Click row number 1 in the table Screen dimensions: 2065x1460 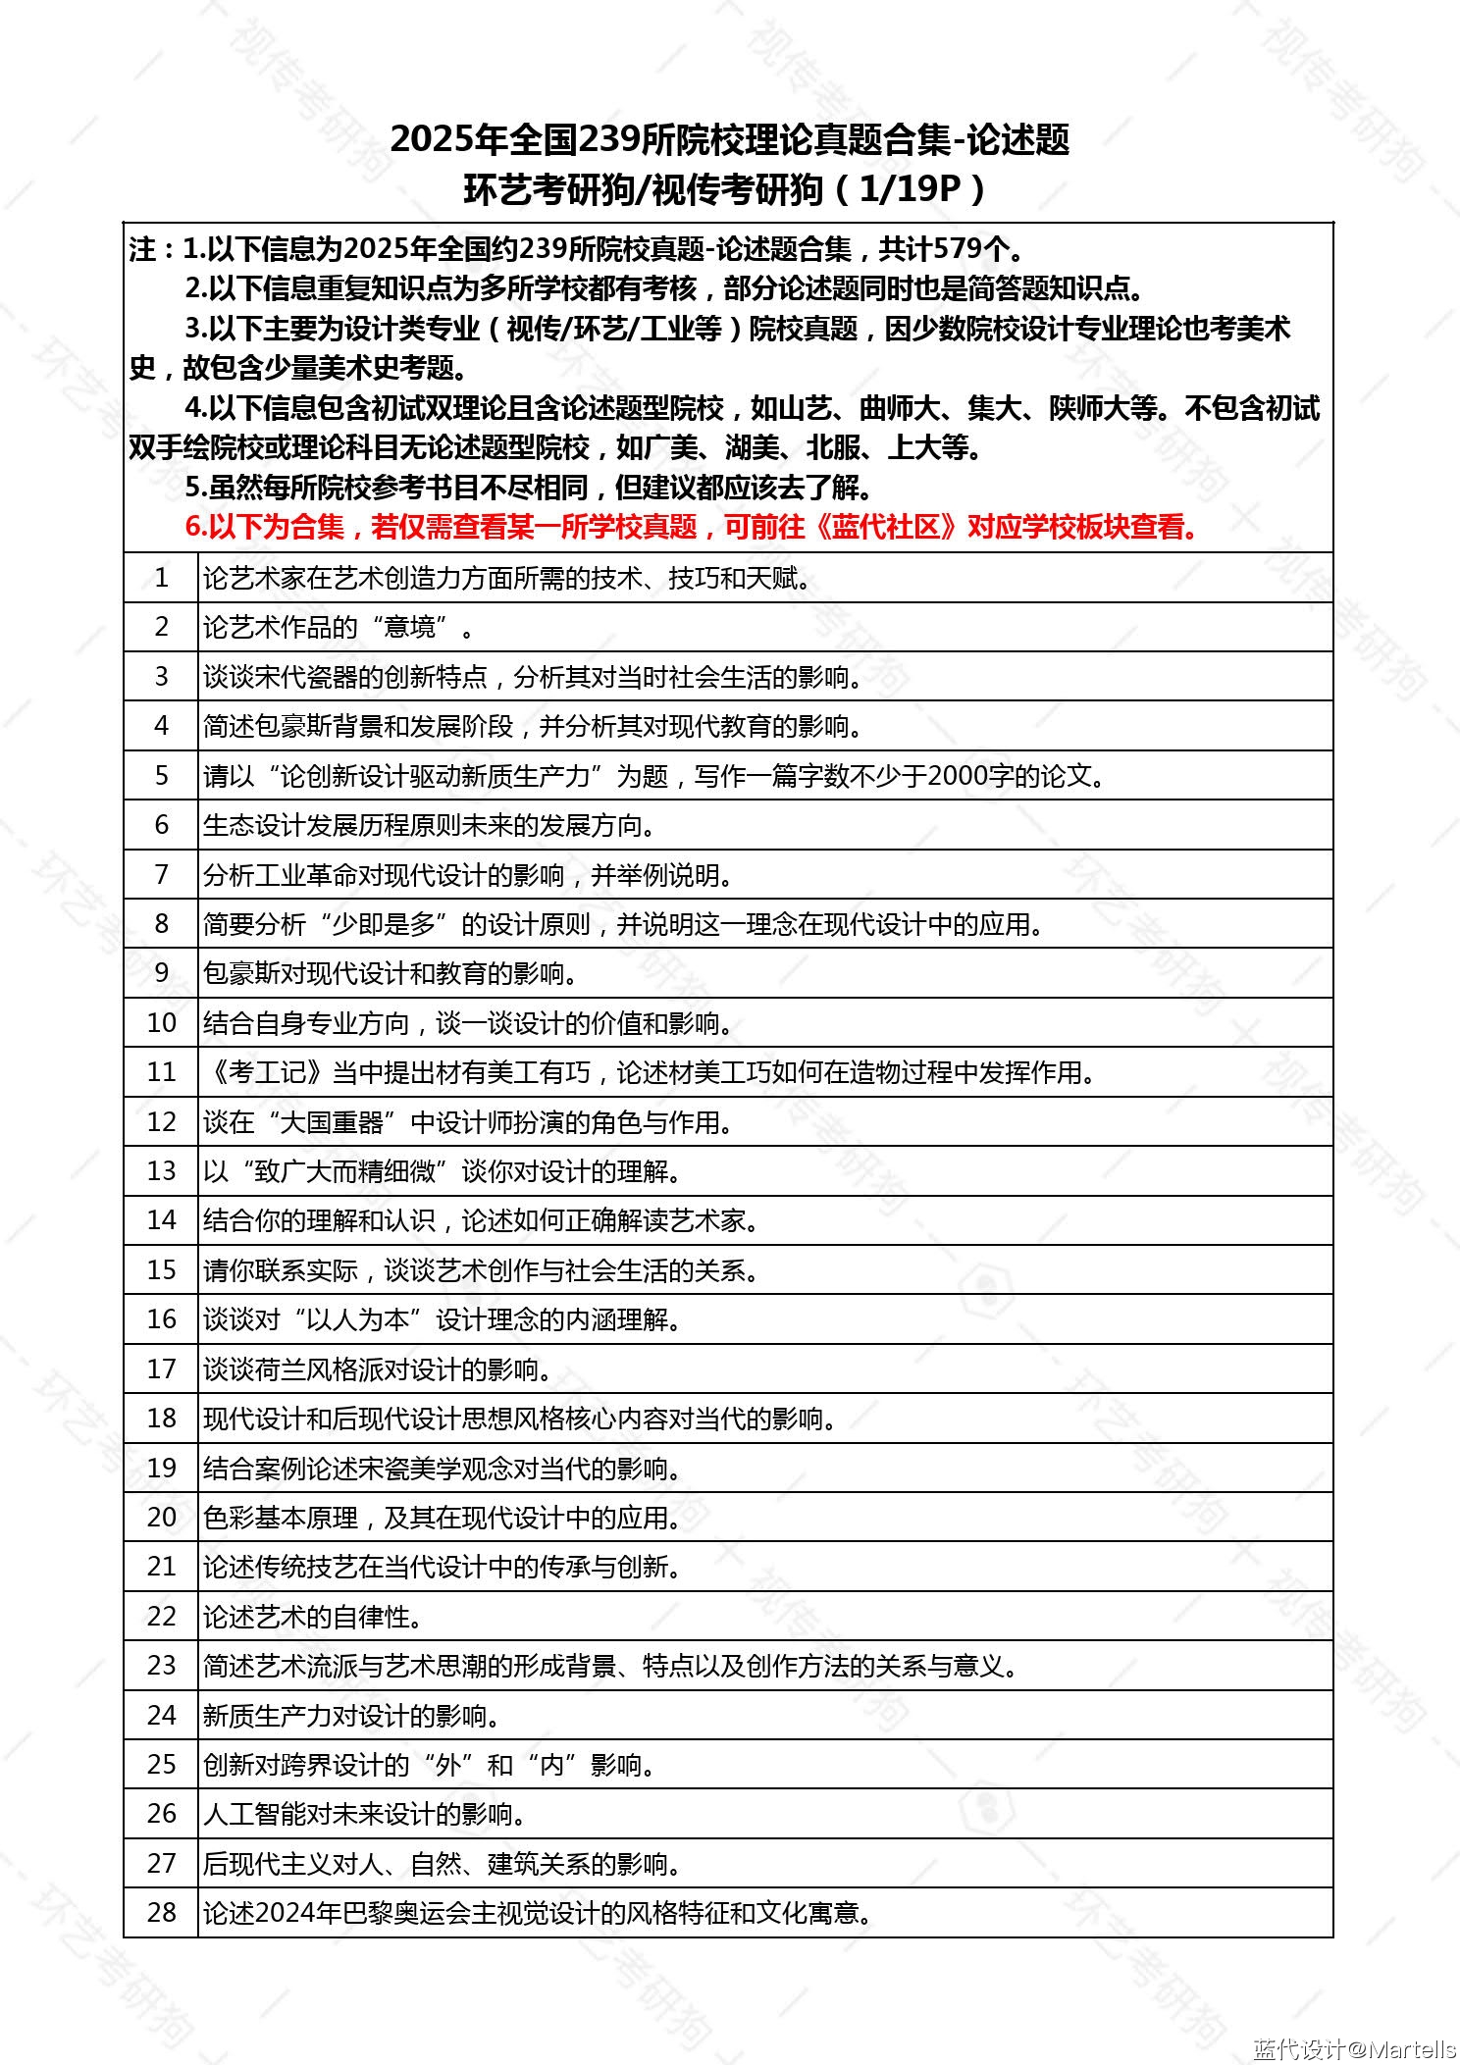coord(161,578)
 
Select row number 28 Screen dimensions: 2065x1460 coord(161,1912)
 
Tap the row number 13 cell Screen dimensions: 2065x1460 coord(161,1170)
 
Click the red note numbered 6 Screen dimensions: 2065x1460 coord(692,527)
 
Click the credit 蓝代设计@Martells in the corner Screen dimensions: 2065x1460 coord(1354,2048)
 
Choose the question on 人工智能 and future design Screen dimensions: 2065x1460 coord(364,1814)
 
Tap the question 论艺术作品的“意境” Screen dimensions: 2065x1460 coord(339,627)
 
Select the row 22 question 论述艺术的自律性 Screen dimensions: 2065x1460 coord(313,1616)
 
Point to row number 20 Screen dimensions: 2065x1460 coord(161,1517)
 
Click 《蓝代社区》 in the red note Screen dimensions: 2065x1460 coord(886,527)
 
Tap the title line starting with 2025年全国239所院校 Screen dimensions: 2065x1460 coord(729,139)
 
